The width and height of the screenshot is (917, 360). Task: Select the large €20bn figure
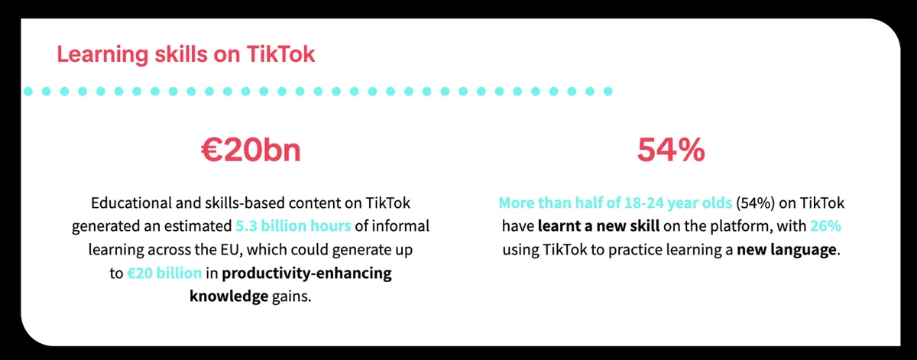[x=251, y=151]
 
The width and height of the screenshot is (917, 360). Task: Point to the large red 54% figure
[x=670, y=151]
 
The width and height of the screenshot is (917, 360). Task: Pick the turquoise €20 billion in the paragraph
[x=165, y=274]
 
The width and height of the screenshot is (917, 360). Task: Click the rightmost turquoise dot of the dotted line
[x=608, y=91]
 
